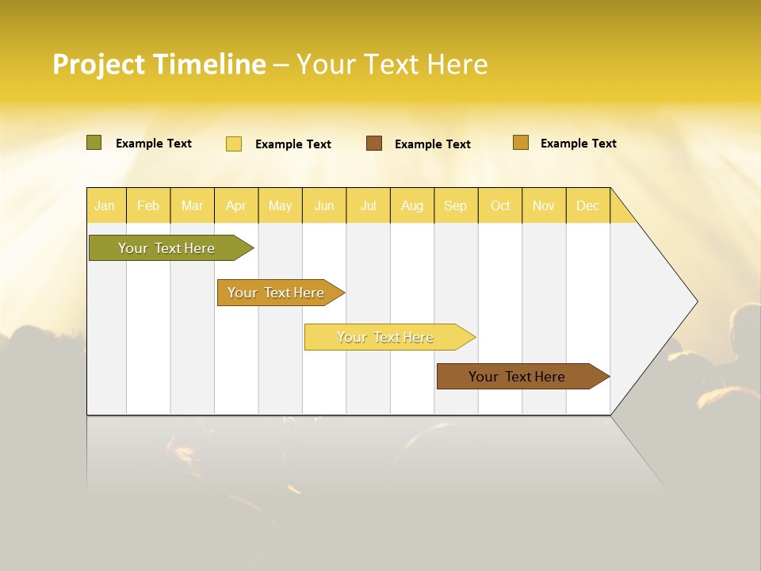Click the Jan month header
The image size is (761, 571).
tap(105, 205)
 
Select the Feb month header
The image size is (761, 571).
tap(148, 205)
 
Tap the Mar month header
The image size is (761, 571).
tap(192, 205)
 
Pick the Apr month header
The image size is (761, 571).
tap(236, 205)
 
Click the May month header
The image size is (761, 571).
tap(280, 205)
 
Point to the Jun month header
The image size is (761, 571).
tap(324, 205)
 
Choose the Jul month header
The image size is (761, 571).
tap(369, 205)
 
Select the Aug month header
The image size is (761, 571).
tap(412, 205)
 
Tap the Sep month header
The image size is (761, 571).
tap(456, 205)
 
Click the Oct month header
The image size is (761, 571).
tap(500, 205)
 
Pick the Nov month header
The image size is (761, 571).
tap(544, 205)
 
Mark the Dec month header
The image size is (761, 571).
tap(588, 205)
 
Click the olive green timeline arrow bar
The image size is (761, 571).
tap(167, 248)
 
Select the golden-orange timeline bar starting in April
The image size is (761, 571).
tap(277, 293)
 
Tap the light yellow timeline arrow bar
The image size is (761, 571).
tap(386, 337)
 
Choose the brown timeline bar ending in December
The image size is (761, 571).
tap(518, 377)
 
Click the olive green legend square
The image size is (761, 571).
tap(94, 143)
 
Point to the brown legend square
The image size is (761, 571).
tap(374, 144)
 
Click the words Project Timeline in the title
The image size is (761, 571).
tap(159, 64)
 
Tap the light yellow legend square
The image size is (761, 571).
tap(234, 144)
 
